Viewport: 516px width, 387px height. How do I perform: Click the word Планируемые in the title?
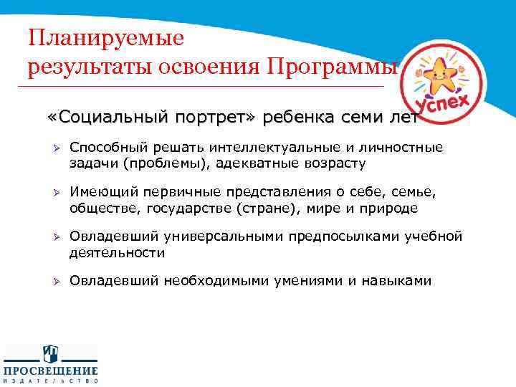[105, 37]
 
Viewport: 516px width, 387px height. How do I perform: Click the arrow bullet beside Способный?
[54, 148]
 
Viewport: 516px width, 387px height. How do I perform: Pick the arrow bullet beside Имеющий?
[54, 193]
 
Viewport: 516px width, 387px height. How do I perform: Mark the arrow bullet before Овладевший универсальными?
[54, 237]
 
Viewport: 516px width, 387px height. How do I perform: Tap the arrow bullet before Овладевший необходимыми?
[54, 281]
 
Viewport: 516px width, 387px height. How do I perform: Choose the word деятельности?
[117, 253]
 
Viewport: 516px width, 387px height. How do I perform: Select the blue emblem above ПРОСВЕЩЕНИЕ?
[50, 353]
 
